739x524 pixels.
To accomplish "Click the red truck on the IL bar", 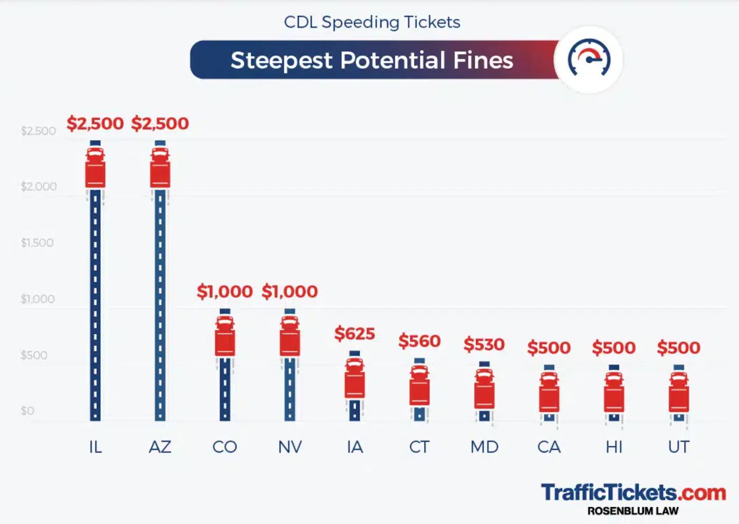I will (96, 168).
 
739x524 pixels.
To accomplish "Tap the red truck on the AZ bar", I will (160, 168).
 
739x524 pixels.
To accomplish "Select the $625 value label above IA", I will (355, 334).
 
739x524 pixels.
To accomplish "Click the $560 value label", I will (420, 341).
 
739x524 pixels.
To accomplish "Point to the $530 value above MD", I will (484, 344).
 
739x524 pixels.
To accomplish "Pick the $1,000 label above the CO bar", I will (225, 292).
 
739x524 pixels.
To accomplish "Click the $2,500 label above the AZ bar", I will (160, 124).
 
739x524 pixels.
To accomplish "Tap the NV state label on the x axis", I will (290, 447).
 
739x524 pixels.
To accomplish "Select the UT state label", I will (679, 447).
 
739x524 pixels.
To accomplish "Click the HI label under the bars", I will (614, 447).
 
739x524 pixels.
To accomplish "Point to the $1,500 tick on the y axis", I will (37, 243).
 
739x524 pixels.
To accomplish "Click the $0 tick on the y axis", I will (27, 411).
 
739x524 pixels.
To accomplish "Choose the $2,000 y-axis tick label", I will (39, 186).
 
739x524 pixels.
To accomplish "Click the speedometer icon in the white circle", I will (589, 59).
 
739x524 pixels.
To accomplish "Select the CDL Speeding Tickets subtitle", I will (372, 22).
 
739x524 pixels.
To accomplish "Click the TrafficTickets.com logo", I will (633, 492).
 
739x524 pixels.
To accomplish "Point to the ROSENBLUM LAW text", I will (633, 511).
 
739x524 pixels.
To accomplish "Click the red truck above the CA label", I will (549, 392).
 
